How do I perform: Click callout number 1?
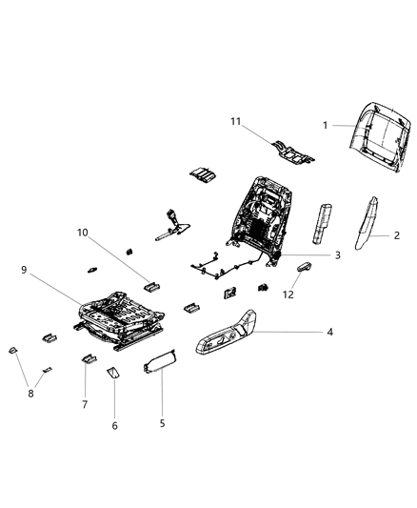pos(325,125)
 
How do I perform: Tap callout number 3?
pos(336,254)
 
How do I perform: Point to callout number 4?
pos(328,333)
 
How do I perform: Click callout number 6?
pos(114,425)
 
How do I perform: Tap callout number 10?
pos(83,232)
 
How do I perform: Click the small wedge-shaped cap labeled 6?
pos(111,373)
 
